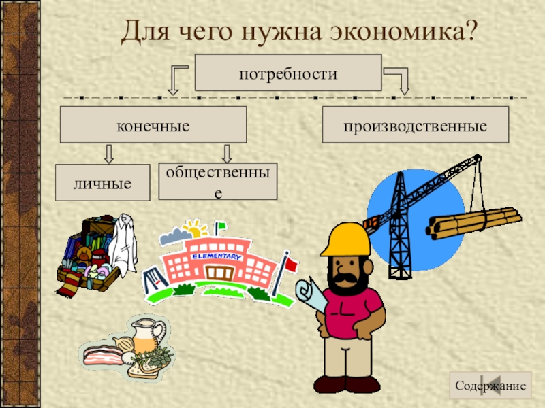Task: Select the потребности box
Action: [287, 73]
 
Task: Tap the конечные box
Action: [153, 126]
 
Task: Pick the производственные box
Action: [415, 126]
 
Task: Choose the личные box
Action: [102, 183]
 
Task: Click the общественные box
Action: [218, 182]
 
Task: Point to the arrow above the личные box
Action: [108, 153]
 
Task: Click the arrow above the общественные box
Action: [228, 153]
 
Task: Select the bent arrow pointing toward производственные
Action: [399, 79]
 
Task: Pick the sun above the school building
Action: [196, 226]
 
